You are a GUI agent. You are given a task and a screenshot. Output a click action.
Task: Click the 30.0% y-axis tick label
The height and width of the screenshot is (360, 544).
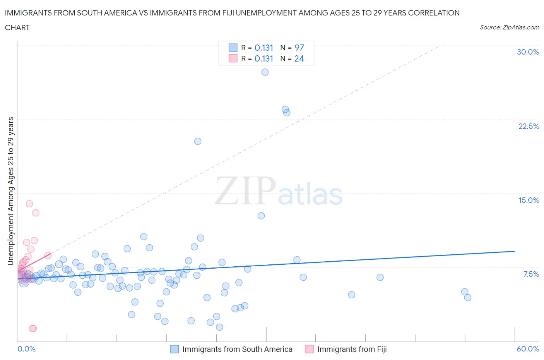click(528, 52)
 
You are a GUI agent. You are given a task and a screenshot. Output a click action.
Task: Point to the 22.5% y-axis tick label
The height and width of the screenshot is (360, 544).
click(529, 126)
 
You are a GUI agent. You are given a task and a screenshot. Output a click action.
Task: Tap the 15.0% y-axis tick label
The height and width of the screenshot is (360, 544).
click(529, 200)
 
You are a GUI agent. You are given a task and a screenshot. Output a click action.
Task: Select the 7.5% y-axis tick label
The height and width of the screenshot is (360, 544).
click(531, 274)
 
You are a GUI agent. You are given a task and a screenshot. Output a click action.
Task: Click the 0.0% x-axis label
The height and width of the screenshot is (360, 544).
click(26, 349)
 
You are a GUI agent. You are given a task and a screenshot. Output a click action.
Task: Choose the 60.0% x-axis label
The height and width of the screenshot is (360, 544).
click(528, 349)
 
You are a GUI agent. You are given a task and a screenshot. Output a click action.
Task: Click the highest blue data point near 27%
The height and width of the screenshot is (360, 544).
click(265, 72)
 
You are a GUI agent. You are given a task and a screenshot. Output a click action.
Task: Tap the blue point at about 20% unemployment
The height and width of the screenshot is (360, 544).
click(198, 141)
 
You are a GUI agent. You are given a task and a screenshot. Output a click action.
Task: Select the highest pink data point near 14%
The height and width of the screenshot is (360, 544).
click(29, 204)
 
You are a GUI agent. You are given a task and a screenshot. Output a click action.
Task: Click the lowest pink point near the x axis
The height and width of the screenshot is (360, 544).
click(33, 329)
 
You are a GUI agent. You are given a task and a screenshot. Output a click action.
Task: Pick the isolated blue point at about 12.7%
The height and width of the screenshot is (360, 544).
click(261, 216)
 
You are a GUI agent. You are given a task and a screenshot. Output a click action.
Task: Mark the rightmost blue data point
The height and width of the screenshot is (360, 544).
click(467, 298)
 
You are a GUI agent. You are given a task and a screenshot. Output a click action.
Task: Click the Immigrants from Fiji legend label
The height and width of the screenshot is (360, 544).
click(352, 349)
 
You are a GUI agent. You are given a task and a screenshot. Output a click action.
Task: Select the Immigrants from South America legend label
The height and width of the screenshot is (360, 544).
click(237, 349)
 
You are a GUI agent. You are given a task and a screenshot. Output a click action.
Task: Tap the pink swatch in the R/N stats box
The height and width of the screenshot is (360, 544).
click(233, 58)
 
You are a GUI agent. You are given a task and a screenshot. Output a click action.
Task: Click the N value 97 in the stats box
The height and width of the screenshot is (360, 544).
click(299, 48)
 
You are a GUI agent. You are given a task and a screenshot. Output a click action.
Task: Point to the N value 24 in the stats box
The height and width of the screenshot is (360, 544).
click(299, 58)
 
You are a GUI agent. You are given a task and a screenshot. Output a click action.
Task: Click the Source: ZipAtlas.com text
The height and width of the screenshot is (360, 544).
click(509, 27)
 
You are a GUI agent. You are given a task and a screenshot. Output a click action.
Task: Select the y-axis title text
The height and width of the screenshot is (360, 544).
click(10, 191)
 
